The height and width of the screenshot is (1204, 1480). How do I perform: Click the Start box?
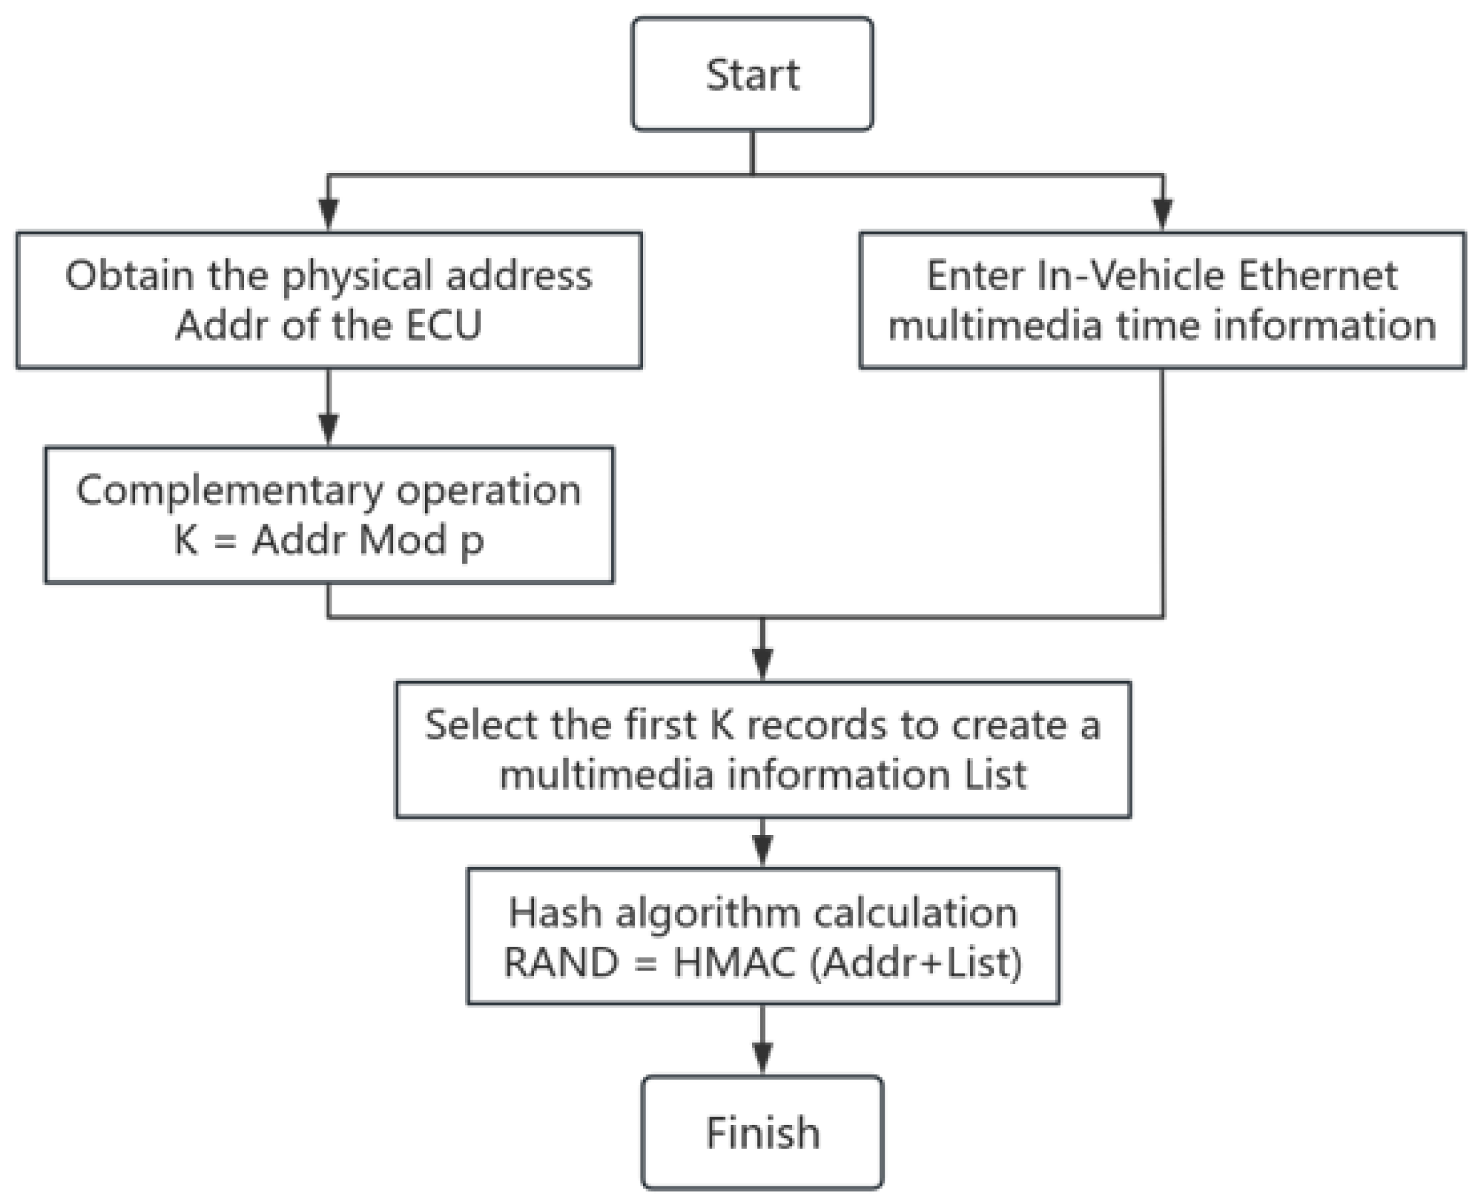click(x=752, y=74)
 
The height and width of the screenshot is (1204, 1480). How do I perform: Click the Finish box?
click(x=762, y=1133)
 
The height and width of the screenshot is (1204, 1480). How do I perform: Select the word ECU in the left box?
click(x=443, y=325)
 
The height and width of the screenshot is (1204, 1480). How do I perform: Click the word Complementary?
click(x=229, y=490)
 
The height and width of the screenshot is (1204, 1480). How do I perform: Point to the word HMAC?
click(x=734, y=962)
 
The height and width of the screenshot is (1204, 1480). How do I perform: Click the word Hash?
click(x=554, y=913)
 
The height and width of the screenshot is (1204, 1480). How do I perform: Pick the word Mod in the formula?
click(x=402, y=539)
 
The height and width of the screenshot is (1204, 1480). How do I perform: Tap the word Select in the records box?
click(x=482, y=725)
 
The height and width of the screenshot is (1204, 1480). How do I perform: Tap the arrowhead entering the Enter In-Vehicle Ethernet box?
click(x=1162, y=214)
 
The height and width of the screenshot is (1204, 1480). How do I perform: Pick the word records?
click(x=819, y=725)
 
